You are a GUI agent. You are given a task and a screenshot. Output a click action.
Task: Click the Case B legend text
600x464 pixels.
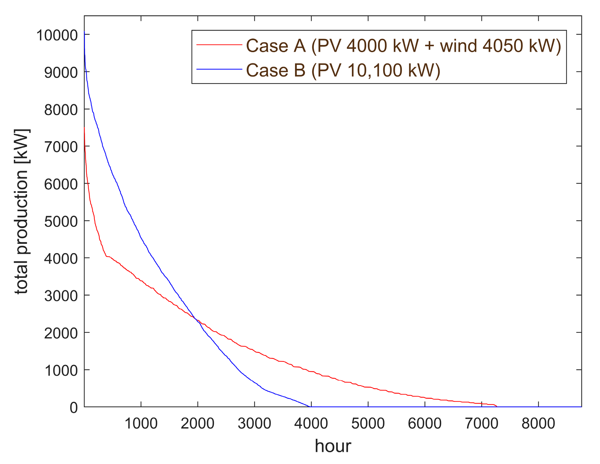click(x=343, y=71)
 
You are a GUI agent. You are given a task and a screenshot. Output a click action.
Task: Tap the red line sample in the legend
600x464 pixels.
click(x=219, y=45)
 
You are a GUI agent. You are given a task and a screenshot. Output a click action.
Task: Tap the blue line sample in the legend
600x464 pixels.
click(x=219, y=69)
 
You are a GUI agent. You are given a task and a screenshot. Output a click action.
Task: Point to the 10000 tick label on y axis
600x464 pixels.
click(x=57, y=36)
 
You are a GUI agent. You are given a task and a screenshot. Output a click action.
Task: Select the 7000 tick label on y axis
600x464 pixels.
click(x=61, y=147)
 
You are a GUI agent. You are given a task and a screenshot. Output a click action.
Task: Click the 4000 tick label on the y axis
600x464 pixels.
click(x=61, y=259)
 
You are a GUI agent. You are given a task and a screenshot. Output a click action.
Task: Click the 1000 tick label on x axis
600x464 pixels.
click(x=141, y=424)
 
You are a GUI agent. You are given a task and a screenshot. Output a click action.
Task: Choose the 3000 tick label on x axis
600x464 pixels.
click(x=254, y=424)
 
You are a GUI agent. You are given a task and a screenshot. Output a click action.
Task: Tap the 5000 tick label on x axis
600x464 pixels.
click(x=368, y=424)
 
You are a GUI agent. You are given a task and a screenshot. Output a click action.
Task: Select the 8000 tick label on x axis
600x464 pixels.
click(x=538, y=424)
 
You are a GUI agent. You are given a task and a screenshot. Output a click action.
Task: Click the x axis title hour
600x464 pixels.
click(x=333, y=446)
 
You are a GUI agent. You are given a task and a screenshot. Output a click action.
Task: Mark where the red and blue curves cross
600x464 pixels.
click(x=195, y=319)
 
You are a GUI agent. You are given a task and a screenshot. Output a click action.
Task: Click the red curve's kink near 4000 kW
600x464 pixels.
click(x=106, y=256)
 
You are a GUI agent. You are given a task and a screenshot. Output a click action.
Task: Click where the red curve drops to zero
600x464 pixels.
click(x=497, y=406)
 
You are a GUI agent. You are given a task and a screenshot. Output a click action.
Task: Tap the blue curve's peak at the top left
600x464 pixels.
click(x=84, y=32)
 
